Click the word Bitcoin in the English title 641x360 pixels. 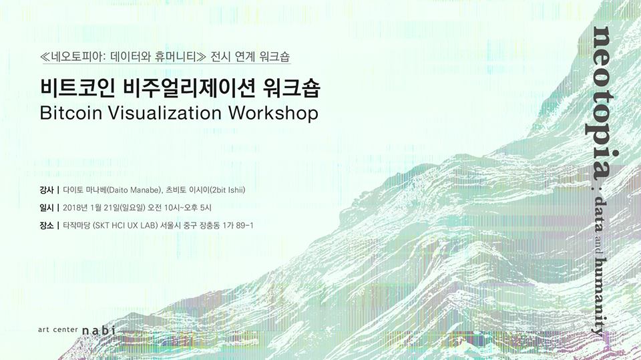tap(71, 113)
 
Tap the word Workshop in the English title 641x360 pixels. tap(273, 113)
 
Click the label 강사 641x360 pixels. tap(47, 190)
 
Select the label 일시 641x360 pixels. tap(47, 208)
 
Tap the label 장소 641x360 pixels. tap(47, 225)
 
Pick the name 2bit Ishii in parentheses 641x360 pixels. tap(227, 190)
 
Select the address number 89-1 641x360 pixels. tap(244, 225)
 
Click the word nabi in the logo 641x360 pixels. tap(99, 331)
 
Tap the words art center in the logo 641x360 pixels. tap(58, 330)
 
